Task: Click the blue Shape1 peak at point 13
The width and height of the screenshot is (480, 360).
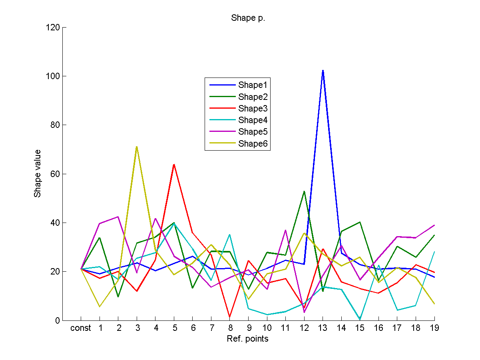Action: [x=323, y=70]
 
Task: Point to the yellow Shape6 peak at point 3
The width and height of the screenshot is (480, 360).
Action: [x=137, y=147]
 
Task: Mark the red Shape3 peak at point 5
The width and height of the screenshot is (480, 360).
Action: [x=174, y=164]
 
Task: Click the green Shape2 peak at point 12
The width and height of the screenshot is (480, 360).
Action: [x=304, y=191]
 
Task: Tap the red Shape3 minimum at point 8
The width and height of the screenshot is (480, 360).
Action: [x=230, y=317]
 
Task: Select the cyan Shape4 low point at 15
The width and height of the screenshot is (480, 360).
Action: [x=360, y=319]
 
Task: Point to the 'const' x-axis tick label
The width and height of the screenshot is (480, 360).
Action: [x=81, y=328]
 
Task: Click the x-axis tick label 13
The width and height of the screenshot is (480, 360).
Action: [x=323, y=328]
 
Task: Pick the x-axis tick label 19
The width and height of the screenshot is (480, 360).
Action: [x=434, y=328]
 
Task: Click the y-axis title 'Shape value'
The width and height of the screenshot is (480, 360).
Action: [x=38, y=173]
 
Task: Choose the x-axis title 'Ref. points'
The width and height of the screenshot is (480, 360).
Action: [x=248, y=339]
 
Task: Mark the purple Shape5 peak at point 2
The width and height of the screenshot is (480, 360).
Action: [x=118, y=217]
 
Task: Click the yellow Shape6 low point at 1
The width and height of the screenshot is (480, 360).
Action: [x=100, y=306]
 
